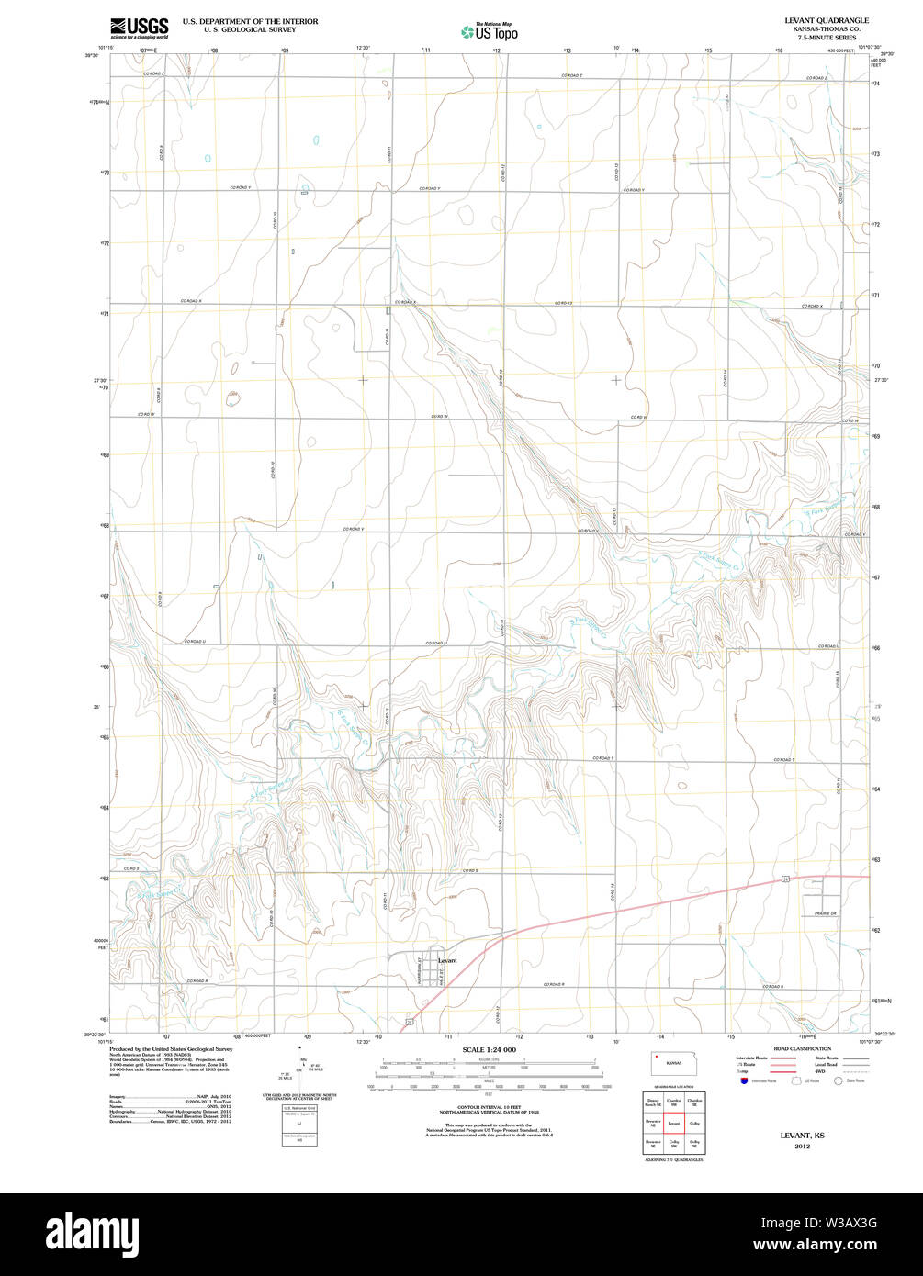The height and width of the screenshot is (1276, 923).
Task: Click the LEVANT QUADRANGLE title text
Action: (x=826, y=19)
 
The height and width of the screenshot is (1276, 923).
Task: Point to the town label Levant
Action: (x=447, y=960)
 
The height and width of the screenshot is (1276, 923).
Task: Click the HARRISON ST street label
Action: (x=421, y=968)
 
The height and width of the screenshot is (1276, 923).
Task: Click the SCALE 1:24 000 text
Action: (x=490, y=1049)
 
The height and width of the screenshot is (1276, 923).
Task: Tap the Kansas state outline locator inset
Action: (x=672, y=1062)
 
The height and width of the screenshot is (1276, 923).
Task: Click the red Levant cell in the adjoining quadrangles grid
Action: (x=673, y=1122)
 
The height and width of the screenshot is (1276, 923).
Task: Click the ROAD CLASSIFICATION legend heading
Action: (x=802, y=1048)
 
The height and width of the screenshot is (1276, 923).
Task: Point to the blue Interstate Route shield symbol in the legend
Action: (x=743, y=1080)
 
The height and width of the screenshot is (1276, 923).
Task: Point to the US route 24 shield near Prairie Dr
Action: (x=786, y=879)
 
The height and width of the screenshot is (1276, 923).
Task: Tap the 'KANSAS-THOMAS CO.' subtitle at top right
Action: (x=826, y=28)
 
